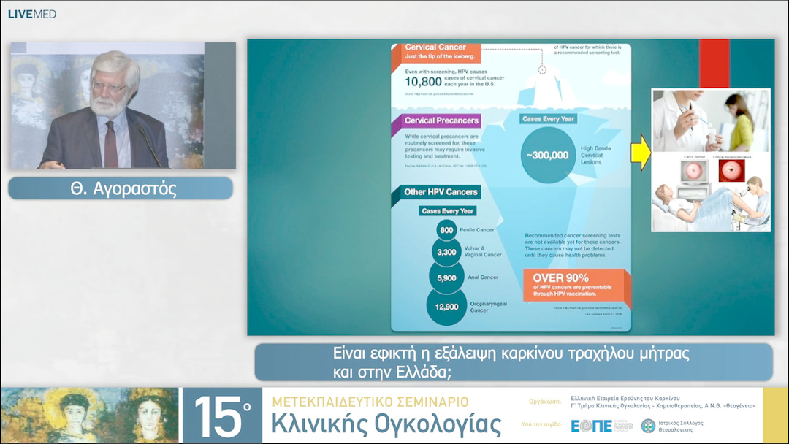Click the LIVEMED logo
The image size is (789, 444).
click(x=31, y=14)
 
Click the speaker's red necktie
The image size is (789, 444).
click(x=111, y=143)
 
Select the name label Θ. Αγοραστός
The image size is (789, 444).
click(x=121, y=188)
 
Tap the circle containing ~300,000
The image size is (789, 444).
click(x=546, y=155)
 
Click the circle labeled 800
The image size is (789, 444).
click(x=446, y=230)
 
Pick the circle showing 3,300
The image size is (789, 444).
click(x=446, y=253)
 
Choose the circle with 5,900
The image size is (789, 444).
click(x=446, y=278)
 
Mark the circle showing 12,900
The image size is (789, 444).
click(x=446, y=307)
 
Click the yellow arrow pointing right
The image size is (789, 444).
click(x=641, y=152)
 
